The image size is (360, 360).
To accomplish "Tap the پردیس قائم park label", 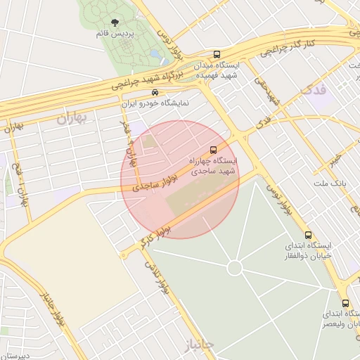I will tap(115, 34).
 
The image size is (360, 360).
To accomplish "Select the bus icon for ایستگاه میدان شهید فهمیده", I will tap(217, 54).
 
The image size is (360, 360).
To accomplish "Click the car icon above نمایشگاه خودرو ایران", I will tap(155, 93).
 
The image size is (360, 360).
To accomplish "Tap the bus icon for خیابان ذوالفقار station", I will tap(308, 235).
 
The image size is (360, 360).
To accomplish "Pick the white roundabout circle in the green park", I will tap(235, 269).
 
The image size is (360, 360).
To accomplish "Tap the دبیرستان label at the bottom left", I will tap(15, 356).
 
